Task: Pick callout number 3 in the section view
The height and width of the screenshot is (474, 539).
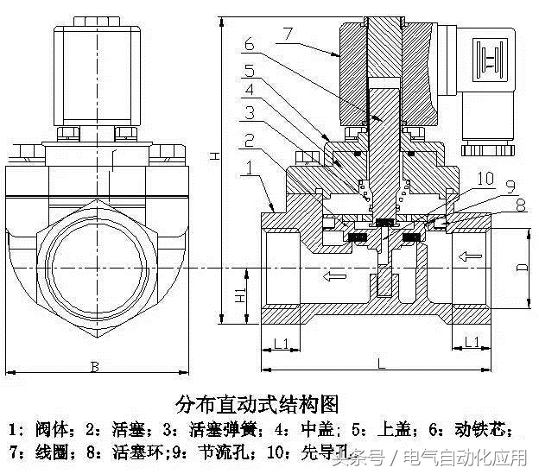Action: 249,112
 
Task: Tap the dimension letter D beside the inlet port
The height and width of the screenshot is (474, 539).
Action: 521,268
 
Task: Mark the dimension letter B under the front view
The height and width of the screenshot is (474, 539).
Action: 94,367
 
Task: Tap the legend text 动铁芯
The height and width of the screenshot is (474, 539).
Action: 490,428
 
